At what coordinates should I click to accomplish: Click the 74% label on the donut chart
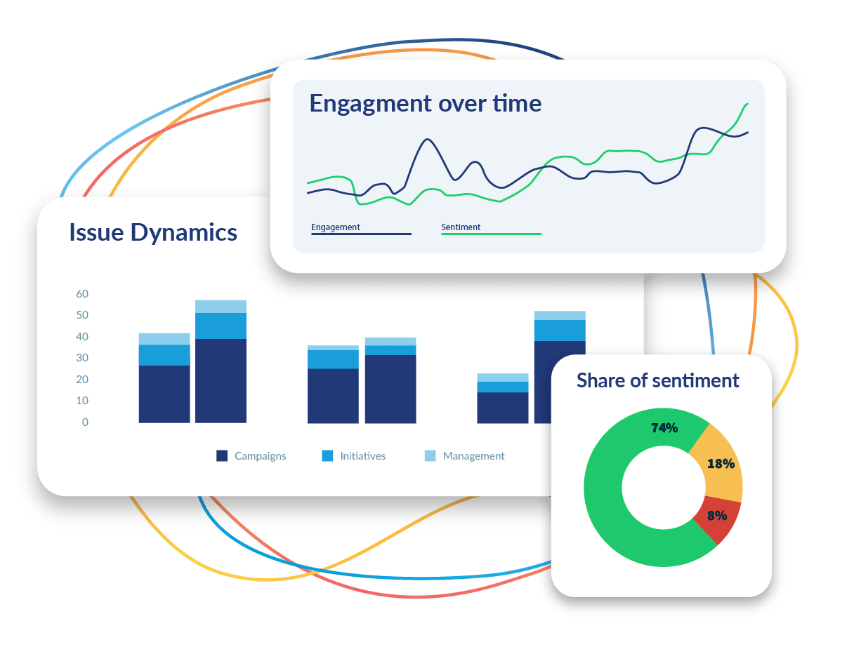point(664,427)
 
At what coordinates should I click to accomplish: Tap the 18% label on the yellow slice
point(721,463)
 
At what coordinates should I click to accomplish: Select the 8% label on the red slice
point(716,515)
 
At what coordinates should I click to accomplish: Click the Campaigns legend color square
point(222,456)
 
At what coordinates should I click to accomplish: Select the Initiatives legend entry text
point(362,456)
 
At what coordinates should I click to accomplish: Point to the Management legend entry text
point(473,456)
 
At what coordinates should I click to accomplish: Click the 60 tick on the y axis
point(82,294)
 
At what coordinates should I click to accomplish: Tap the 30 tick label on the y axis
point(82,358)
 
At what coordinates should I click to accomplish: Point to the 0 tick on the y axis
point(85,422)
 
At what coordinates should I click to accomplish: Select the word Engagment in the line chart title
point(370,104)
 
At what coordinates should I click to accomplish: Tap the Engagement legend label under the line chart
point(336,227)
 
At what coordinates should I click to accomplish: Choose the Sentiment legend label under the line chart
point(461,227)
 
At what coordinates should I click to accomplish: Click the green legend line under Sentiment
point(491,234)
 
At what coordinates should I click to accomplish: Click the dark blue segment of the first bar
point(164,394)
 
